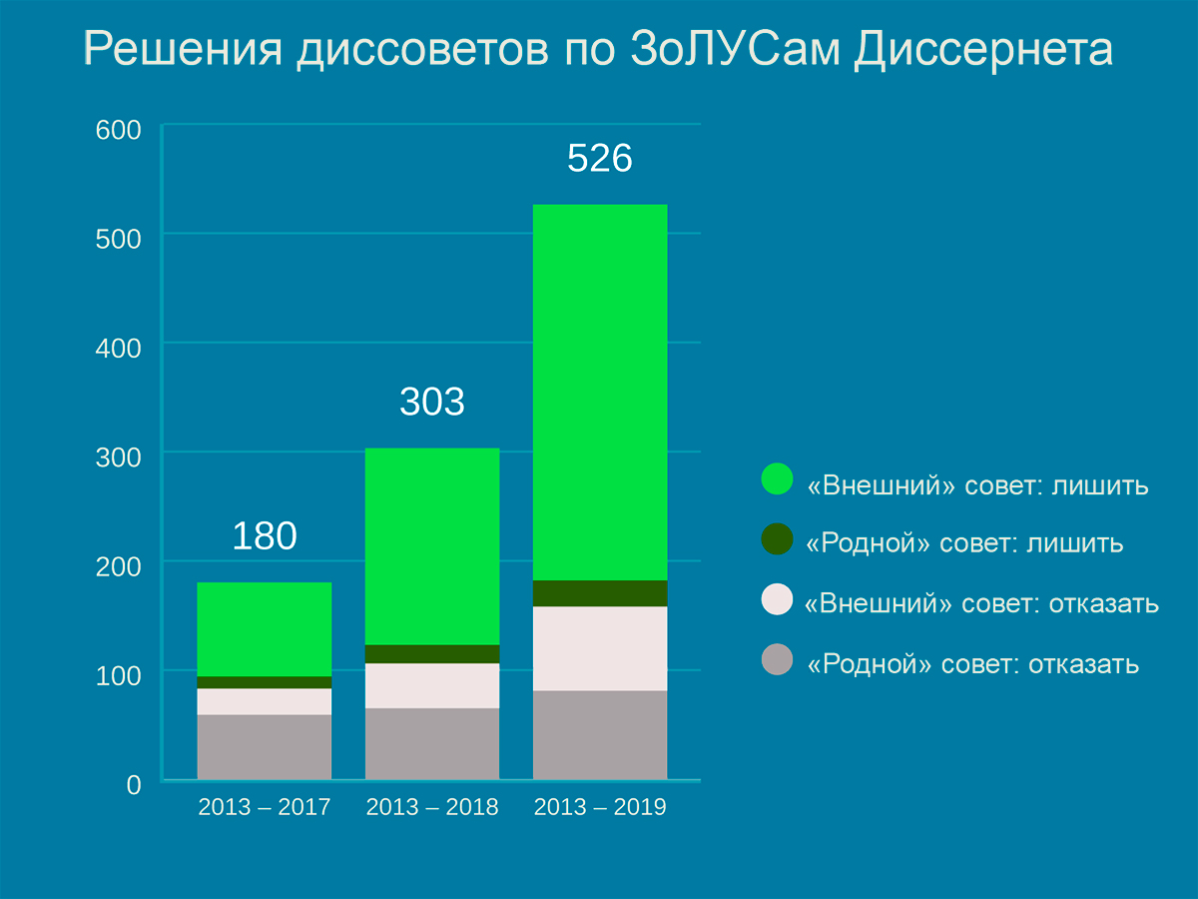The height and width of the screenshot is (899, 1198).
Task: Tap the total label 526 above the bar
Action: point(600,160)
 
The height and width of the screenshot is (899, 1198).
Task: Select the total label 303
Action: point(432,402)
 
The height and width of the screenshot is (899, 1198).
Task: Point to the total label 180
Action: point(265,536)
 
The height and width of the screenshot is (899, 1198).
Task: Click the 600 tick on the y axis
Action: point(119,130)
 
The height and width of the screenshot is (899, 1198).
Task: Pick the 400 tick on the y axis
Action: point(119,349)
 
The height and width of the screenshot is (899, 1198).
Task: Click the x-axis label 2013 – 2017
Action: point(265,808)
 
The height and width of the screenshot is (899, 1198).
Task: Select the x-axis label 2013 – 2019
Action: point(600,808)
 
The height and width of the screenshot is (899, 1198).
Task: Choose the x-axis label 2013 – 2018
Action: point(432,808)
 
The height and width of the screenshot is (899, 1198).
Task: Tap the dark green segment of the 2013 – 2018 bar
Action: point(432,654)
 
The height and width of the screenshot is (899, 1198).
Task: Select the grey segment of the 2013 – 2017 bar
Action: point(265,746)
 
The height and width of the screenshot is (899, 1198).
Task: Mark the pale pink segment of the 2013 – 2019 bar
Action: point(600,648)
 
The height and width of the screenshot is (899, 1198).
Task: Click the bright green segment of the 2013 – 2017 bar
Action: point(265,629)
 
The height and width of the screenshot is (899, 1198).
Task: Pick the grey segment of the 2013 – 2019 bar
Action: point(600,734)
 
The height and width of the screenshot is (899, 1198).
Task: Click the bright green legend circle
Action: point(777,479)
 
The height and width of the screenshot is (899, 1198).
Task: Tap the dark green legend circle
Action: point(777,539)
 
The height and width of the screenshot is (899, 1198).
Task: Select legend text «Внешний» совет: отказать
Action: point(981,604)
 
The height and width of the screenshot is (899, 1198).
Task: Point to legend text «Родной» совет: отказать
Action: point(971,664)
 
